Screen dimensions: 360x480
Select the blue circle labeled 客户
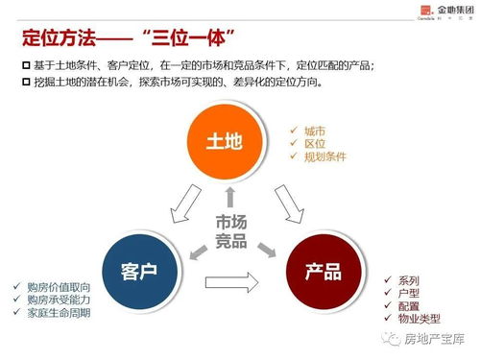(x=138, y=271)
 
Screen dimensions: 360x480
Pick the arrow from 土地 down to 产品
(x=287, y=204)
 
